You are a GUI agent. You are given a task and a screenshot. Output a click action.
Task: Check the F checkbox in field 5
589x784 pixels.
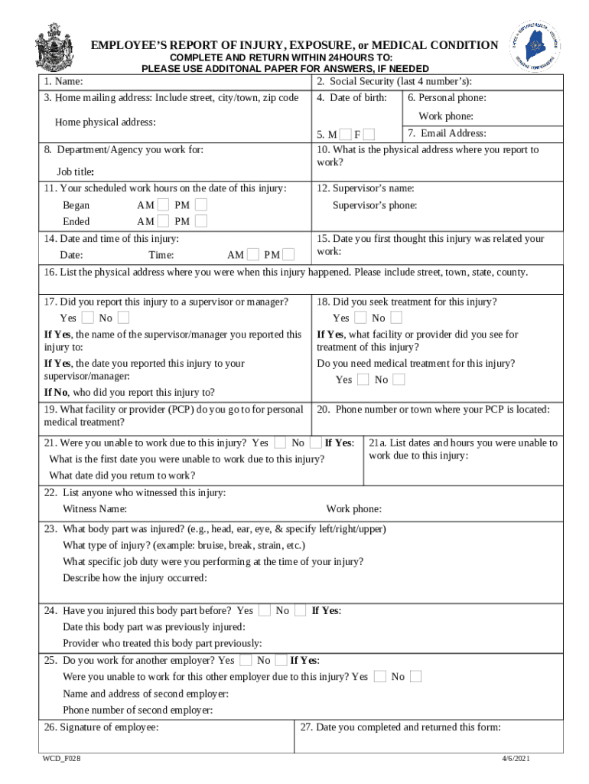369,135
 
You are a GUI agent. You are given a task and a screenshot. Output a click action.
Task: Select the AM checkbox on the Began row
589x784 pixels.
163,205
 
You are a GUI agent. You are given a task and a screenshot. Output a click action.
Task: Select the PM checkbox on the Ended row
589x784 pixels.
200,221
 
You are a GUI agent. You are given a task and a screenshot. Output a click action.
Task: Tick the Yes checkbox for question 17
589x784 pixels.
88,318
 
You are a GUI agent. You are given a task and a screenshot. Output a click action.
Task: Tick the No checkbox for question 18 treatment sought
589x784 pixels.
396,318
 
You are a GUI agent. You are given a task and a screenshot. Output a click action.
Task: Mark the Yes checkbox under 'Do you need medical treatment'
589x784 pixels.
363,380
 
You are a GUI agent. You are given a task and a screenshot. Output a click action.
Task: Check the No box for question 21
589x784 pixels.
315,443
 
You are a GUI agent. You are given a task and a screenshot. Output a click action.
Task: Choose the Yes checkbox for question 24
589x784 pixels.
265,610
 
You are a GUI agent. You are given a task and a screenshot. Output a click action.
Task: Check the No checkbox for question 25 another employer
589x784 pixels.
281,660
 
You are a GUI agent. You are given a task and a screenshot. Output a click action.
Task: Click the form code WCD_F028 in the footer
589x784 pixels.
62,758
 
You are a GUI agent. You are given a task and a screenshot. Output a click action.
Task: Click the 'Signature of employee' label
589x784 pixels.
102,727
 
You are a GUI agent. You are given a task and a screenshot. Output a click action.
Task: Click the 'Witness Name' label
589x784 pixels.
95,509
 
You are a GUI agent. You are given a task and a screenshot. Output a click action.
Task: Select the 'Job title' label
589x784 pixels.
75,171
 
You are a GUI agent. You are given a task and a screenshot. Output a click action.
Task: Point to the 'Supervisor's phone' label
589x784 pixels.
375,205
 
